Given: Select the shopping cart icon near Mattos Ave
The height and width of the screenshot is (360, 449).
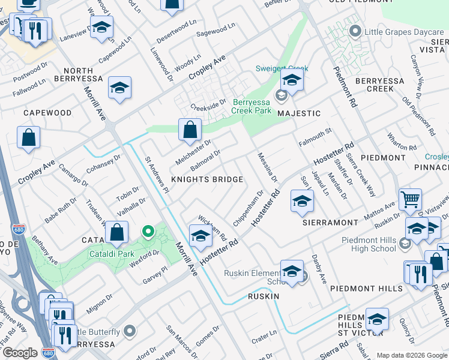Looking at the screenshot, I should (410, 199).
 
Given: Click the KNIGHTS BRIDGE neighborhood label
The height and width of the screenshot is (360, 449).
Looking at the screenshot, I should (207, 179).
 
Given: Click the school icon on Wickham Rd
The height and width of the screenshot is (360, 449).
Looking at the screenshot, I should (200, 235).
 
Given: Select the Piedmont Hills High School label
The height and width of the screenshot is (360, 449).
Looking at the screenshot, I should (369, 244).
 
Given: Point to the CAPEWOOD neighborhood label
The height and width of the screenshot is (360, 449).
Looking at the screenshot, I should (47, 113).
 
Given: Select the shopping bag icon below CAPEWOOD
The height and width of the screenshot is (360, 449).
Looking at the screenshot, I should (29, 137).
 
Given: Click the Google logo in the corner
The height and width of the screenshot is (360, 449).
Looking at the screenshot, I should (19, 353).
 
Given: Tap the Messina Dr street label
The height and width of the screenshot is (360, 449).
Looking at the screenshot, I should (268, 166).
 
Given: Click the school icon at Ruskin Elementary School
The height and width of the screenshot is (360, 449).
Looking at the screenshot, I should (292, 271).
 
